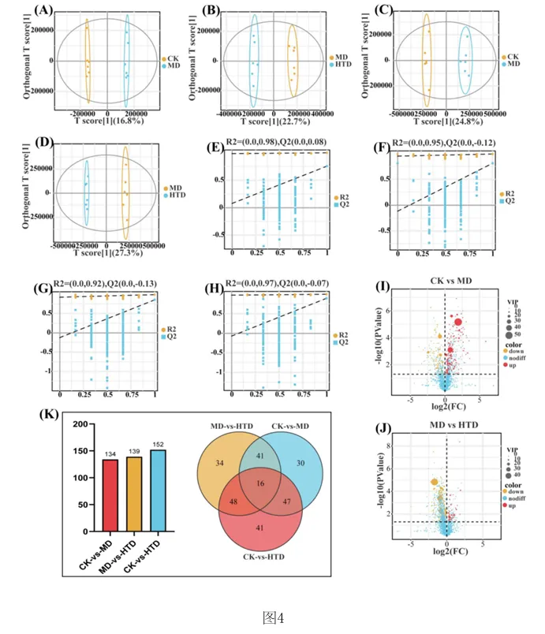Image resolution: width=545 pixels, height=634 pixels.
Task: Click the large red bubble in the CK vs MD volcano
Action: [457, 322]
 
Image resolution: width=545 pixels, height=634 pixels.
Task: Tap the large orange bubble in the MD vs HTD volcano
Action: [434, 482]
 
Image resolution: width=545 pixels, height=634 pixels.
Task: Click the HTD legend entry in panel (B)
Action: [342, 65]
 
